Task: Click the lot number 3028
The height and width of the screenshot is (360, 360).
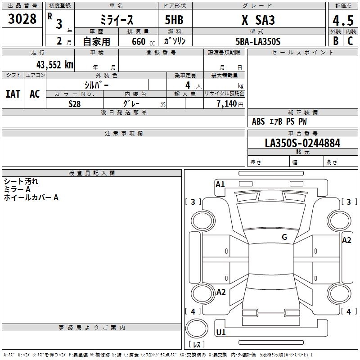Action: [22, 19]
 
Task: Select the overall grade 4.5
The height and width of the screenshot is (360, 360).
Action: [343, 20]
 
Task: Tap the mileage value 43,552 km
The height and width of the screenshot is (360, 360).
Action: [54, 65]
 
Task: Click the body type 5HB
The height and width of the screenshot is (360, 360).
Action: [174, 20]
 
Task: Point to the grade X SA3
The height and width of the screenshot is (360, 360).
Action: [258, 20]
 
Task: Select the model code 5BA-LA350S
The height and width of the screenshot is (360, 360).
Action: [258, 41]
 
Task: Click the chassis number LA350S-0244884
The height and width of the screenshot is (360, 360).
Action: [302, 143]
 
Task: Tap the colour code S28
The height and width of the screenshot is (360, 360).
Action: [74, 104]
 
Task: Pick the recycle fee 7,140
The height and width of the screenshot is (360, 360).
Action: [227, 104]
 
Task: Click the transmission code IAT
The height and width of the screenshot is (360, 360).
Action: [13, 94]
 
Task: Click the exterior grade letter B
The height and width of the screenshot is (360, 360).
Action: [336, 41]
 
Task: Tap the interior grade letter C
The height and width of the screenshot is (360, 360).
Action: [350, 41]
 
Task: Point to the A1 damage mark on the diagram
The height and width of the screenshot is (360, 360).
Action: [220, 184]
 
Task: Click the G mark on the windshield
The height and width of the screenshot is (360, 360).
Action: [284, 237]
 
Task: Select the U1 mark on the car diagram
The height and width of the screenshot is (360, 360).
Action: [221, 332]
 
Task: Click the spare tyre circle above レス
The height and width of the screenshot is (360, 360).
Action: [197, 328]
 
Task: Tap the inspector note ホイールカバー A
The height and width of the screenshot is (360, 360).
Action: [31, 198]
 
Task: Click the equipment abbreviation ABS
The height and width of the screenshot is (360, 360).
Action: [258, 121]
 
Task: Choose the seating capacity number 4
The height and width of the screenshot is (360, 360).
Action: [188, 85]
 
